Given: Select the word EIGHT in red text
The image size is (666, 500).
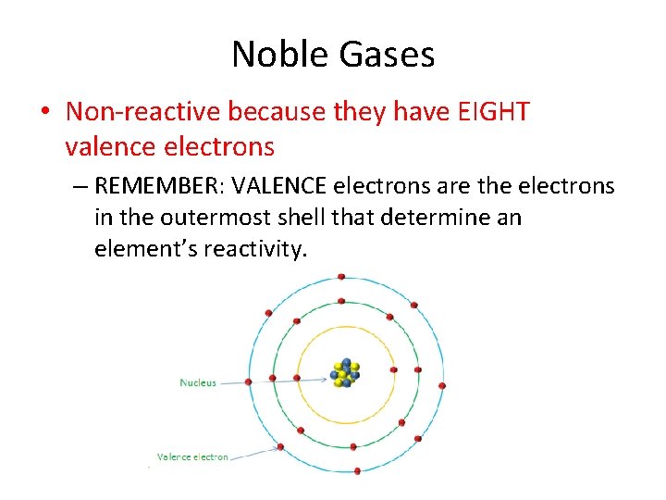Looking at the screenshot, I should pos(494,113).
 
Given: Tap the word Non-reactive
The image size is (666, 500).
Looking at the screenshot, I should pos(142,113).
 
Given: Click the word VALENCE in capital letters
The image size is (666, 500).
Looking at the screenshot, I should pos(279,186).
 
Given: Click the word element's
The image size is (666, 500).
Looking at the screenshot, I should pos(139,249).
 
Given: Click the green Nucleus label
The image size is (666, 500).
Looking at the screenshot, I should pos(198,382).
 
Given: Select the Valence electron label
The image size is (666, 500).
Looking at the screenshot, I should pos(192,456).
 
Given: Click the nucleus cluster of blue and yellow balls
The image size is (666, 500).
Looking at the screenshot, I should pos(345,372).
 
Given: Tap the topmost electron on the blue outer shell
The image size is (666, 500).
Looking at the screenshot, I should pos(341,277).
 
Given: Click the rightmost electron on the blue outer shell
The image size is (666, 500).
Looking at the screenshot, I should pos(442,385).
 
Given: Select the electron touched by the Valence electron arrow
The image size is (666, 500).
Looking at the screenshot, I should pos(281,447).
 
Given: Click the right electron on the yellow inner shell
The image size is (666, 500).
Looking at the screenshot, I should pos(393,370).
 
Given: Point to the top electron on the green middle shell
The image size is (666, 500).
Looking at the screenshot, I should pos(341,301).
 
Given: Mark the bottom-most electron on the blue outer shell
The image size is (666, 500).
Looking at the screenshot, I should pos(357,470).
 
